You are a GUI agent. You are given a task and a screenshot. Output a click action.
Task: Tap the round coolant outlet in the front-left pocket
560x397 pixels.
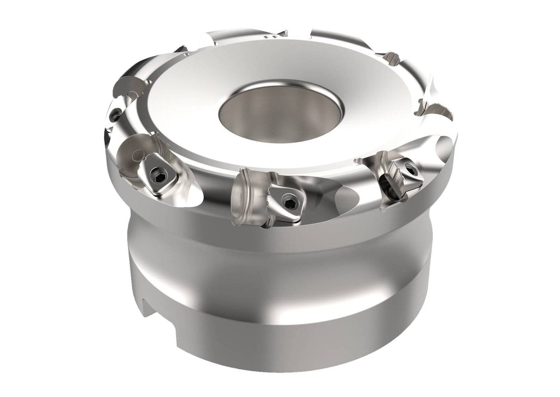(x=134, y=156)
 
